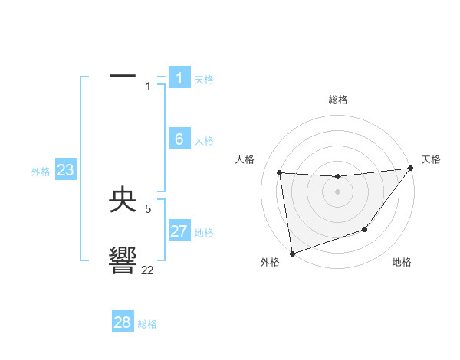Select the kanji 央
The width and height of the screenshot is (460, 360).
123,201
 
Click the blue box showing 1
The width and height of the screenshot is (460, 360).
179,78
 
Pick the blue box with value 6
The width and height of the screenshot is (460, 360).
179,139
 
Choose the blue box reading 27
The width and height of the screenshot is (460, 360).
179,231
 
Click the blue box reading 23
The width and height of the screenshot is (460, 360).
65,170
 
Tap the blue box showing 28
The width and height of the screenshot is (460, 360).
123,322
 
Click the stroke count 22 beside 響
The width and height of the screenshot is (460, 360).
147,270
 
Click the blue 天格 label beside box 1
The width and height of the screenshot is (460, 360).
204,80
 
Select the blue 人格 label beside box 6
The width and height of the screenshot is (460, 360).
204,141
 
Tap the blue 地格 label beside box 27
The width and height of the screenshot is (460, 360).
204,233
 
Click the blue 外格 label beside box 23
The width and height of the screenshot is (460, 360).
41,172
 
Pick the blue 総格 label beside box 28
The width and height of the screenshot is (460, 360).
147,324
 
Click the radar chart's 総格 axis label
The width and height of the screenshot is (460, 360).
337,100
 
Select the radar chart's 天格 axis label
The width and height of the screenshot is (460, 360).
431,159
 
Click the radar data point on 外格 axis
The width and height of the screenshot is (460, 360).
291,253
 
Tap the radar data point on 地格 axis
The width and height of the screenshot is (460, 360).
366,229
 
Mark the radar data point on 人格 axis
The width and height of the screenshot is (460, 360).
280,173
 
